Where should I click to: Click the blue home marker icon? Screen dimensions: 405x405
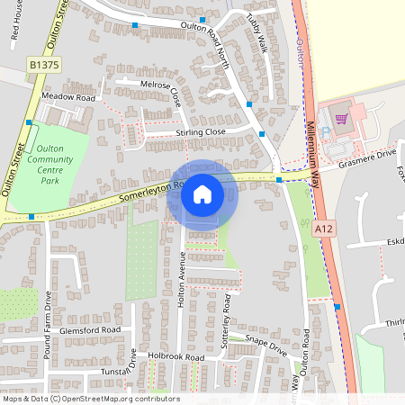pos(202,193)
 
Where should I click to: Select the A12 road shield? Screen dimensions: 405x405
pos(324,230)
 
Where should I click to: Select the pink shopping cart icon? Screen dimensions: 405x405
pos(340,117)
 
